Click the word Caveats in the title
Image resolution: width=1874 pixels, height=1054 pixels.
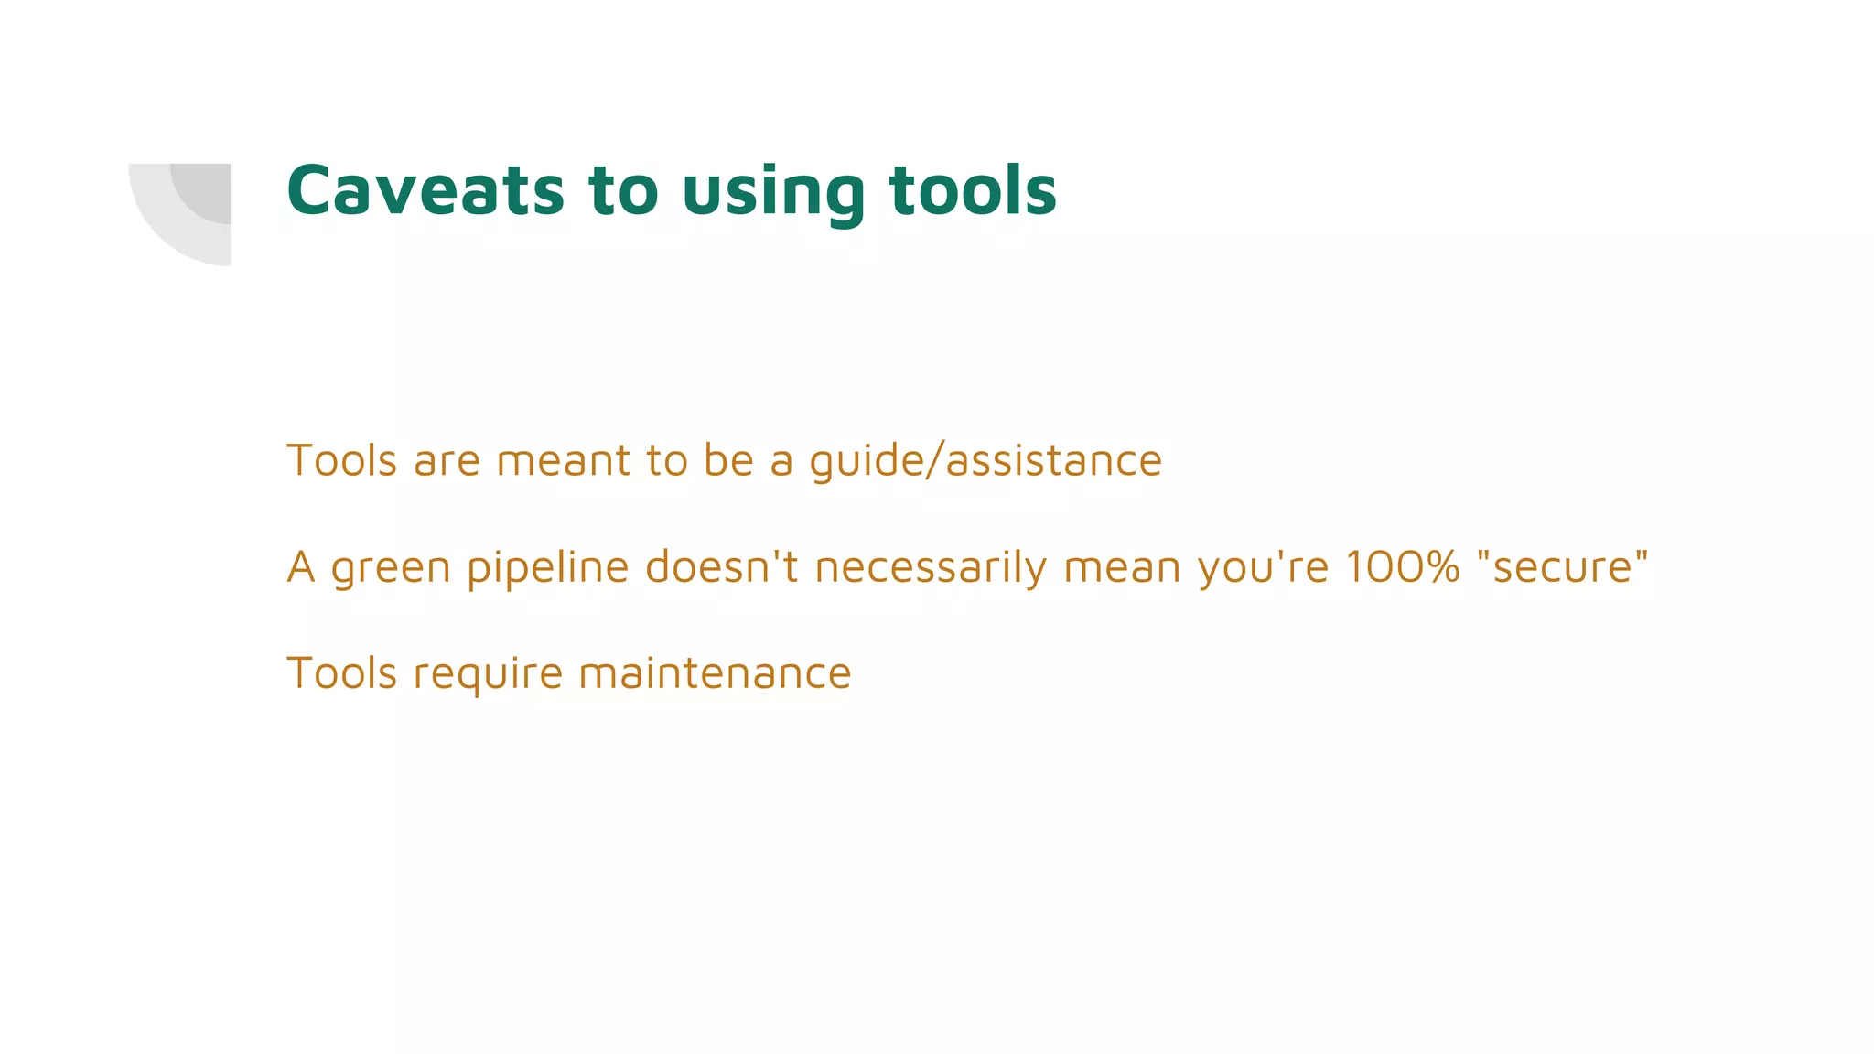point(425,190)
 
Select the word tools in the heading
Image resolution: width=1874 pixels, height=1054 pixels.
point(973,190)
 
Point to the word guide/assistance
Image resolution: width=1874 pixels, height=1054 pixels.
point(985,460)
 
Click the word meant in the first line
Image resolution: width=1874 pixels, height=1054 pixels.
point(564,460)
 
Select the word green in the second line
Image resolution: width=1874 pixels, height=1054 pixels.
point(391,567)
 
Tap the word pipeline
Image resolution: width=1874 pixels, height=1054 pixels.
point(547,567)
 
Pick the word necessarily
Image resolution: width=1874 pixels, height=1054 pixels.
point(931,567)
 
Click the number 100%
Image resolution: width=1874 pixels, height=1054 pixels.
point(1403,566)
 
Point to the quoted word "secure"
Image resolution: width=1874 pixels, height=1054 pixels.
point(1563,566)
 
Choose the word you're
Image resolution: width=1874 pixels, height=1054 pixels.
point(1263,567)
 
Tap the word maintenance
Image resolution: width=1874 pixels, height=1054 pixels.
point(715,673)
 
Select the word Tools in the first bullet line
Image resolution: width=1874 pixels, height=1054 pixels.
point(341,460)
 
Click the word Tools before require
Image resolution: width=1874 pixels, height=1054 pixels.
point(341,673)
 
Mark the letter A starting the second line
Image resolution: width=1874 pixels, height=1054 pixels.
point(301,566)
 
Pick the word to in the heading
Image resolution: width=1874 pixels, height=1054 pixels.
point(623,190)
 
